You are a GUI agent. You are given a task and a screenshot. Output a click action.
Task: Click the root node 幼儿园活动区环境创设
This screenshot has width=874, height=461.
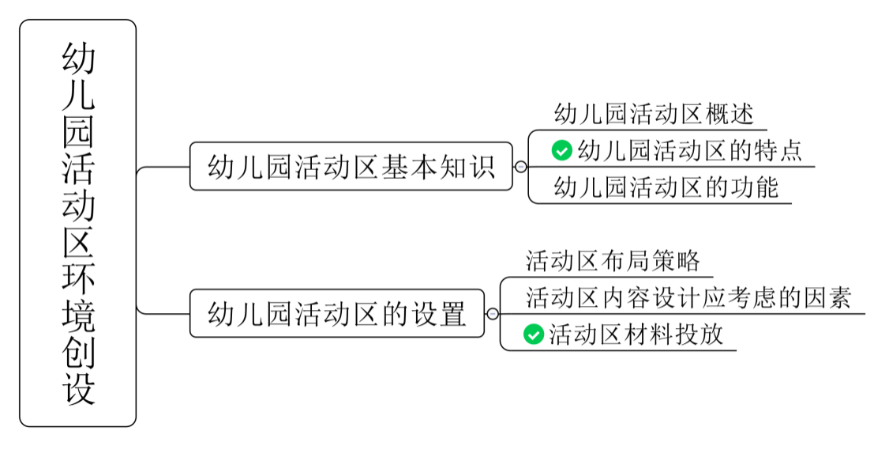78,223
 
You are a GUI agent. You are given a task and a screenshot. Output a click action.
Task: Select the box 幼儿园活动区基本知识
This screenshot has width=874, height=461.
351,167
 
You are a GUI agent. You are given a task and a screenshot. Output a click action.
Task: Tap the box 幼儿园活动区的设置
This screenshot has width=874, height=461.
337,314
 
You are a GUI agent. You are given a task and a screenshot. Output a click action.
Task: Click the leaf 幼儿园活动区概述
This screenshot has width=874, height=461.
654,114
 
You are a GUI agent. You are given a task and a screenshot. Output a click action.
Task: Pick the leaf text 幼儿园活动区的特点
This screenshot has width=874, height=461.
690,149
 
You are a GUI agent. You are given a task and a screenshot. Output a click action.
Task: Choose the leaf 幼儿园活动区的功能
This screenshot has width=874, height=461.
666,187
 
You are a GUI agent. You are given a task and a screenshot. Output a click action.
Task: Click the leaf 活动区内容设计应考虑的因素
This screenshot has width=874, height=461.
688,297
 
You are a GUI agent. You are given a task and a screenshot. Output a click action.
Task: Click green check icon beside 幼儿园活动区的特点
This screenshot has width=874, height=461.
561,149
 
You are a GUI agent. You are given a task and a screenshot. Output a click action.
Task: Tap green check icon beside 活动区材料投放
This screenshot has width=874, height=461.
534,334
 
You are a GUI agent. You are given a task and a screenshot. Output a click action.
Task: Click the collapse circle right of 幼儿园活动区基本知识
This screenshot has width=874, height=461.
520,167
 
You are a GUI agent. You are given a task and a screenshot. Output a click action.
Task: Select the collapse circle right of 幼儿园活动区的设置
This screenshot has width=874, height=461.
493,314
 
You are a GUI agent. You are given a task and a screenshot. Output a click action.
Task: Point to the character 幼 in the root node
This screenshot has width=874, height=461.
78,60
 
